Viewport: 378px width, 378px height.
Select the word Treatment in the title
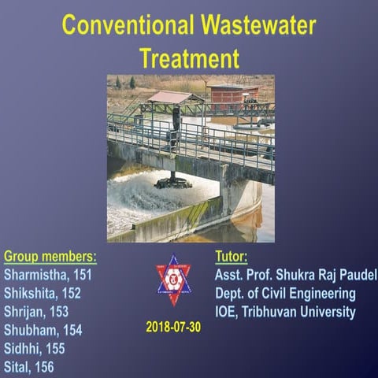point(189,57)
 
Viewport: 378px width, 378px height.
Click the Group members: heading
point(50,257)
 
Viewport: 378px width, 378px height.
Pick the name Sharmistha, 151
point(48,275)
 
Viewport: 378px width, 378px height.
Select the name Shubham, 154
point(43,330)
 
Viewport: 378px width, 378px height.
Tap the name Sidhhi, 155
point(35,348)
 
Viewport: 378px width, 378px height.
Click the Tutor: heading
point(232,257)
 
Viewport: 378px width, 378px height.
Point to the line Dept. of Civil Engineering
point(285,293)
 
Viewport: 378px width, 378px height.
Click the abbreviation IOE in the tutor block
point(228,311)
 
